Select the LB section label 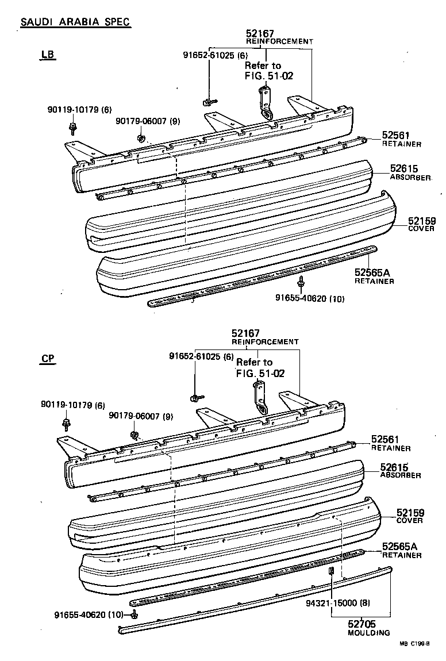[48, 55]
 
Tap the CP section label [48, 359]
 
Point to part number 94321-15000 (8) [333, 604]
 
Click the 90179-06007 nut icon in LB [141, 139]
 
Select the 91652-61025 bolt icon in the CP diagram [195, 398]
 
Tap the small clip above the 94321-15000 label [332, 571]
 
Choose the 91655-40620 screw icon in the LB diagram [301, 282]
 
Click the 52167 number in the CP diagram [246, 333]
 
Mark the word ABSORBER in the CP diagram [400, 475]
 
